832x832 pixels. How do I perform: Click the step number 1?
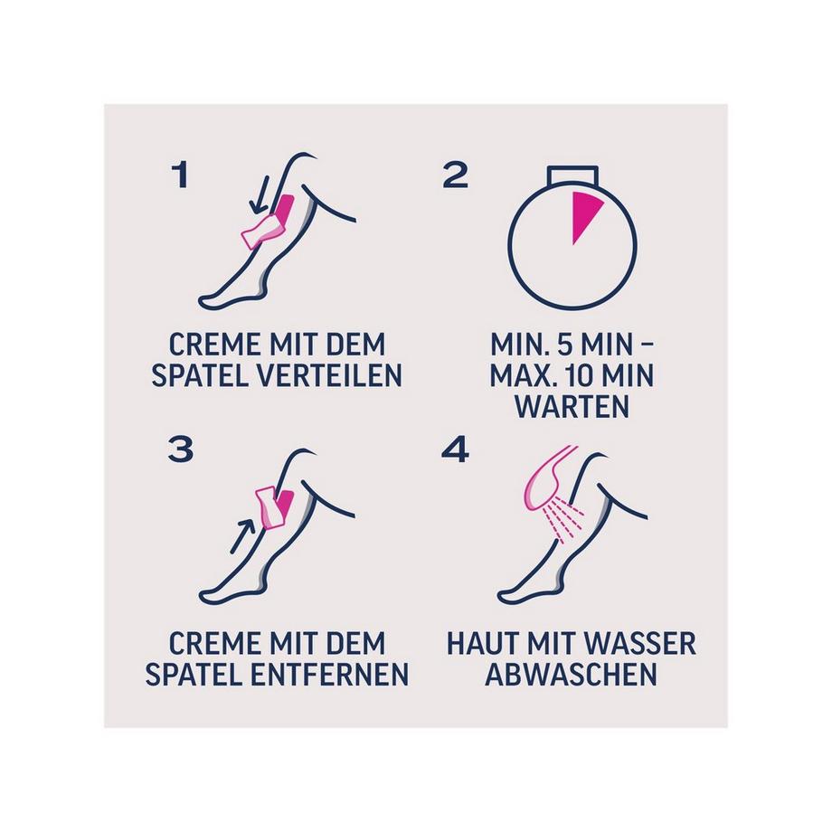(181, 175)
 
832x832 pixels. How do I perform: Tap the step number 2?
(455, 175)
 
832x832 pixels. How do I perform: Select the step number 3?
(181, 449)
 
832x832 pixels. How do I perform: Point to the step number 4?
(455, 449)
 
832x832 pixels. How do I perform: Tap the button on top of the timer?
(574, 176)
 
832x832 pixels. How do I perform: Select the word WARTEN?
(572, 406)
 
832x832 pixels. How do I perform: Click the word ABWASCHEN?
(572, 674)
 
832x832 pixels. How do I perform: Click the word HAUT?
(479, 644)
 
